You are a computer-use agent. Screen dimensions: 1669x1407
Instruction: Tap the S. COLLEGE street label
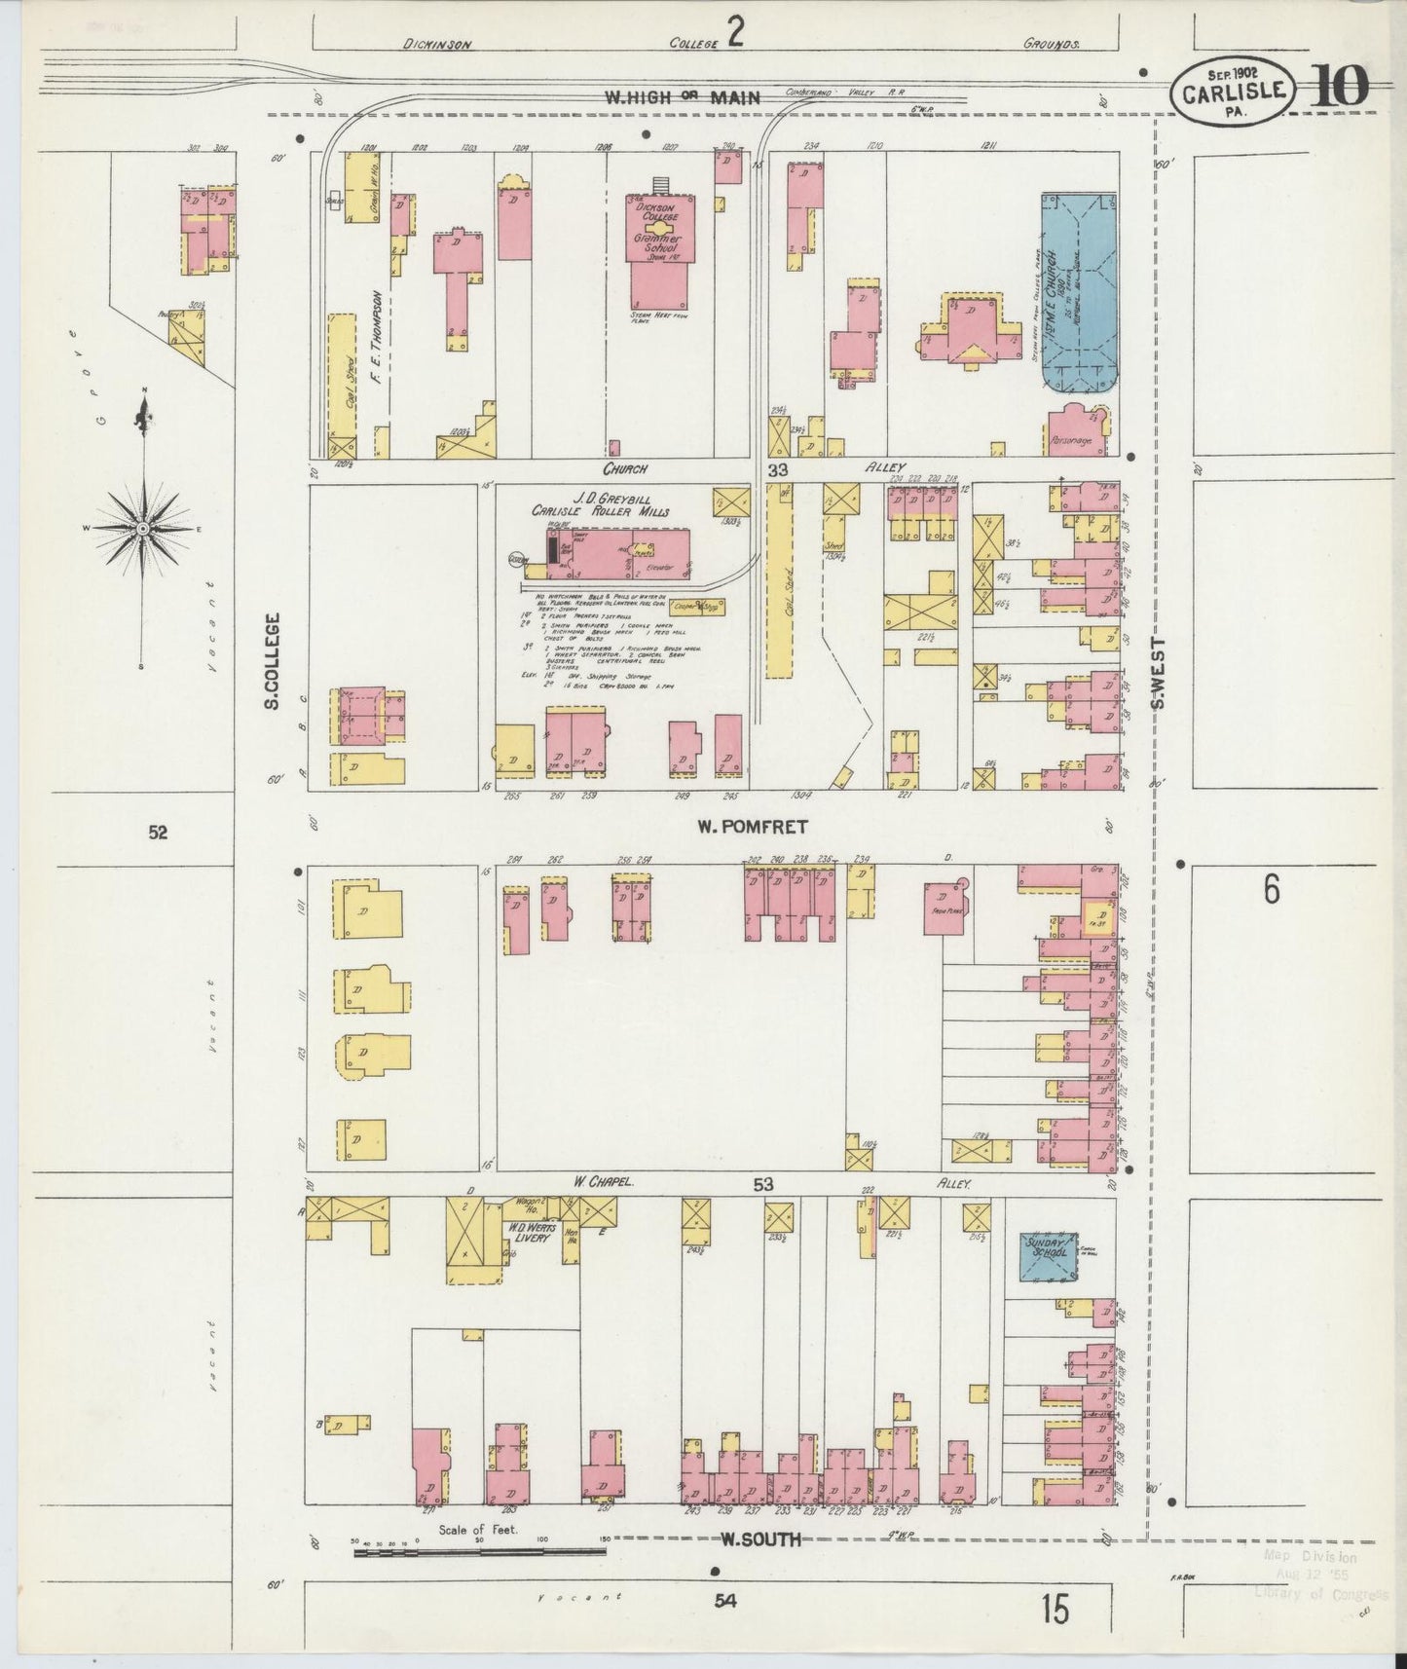click(x=274, y=660)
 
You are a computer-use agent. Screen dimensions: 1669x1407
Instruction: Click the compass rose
click(x=143, y=529)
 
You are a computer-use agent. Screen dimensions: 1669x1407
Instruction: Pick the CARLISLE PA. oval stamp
click(x=1234, y=93)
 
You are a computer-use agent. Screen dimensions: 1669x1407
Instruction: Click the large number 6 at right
click(x=1272, y=889)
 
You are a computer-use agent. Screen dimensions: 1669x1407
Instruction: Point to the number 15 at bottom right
click(x=1054, y=1610)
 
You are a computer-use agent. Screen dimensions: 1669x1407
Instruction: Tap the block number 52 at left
click(x=158, y=832)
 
